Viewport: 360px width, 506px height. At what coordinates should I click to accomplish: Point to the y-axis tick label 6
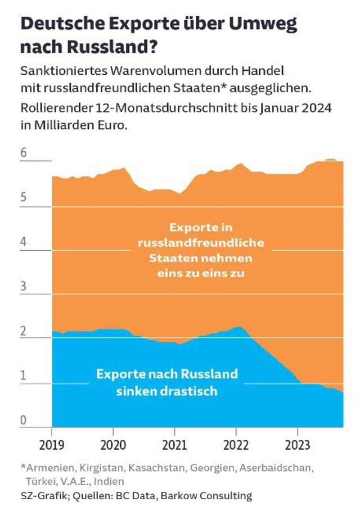click(x=24, y=153)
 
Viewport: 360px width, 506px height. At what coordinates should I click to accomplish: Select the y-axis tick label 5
click(x=24, y=198)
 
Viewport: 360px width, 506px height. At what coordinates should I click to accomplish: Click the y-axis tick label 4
click(x=24, y=242)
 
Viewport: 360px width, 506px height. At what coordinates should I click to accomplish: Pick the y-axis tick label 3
click(x=24, y=287)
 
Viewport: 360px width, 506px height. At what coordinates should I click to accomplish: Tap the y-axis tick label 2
click(x=24, y=332)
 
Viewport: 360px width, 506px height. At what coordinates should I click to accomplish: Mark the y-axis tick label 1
click(x=24, y=376)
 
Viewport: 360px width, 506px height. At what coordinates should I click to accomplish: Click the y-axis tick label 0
click(x=24, y=421)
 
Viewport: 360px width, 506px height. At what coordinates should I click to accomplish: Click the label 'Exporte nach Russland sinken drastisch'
click(x=167, y=382)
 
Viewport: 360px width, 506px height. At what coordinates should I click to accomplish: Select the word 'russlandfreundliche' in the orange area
click(x=201, y=243)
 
